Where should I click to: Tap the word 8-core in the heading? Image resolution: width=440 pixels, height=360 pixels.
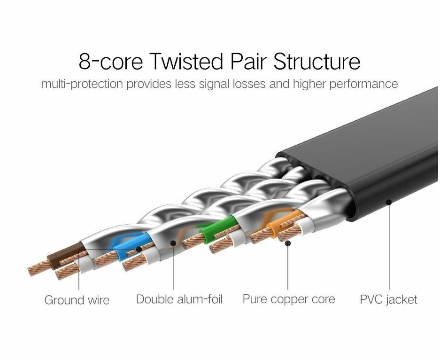[x=111, y=62]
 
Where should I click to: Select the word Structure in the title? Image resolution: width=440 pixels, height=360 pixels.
[x=317, y=62]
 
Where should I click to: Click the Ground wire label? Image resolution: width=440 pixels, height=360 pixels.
[x=77, y=300]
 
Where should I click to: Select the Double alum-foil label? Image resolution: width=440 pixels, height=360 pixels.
[x=179, y=299]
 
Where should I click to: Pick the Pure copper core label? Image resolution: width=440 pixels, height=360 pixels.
[x=289, y=299]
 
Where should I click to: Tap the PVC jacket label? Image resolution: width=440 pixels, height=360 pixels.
[x=388, y=299]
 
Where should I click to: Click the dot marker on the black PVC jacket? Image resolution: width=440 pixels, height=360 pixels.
[x=389, y=202]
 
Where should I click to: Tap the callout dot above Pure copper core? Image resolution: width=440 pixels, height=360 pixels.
[x=288, y=243]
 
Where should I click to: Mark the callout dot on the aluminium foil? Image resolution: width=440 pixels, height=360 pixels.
[x=173, y=243]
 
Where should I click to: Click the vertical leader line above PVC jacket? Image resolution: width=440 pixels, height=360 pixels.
[x=389, y=249]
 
